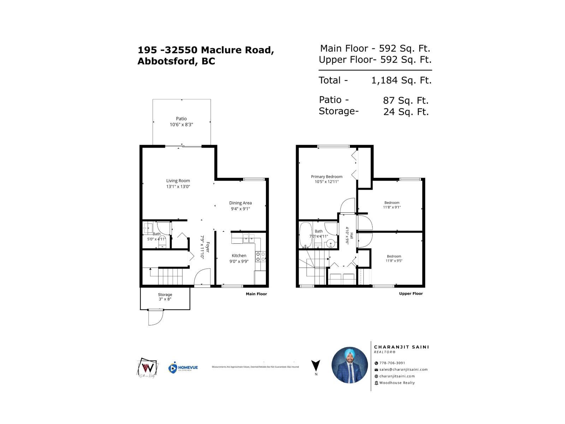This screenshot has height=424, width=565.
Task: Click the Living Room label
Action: (178, 181)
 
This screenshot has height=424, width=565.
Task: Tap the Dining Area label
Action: (240, 203)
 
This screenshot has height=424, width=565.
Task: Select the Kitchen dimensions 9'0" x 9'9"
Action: (239, 261)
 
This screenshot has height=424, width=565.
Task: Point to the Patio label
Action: (181, 119)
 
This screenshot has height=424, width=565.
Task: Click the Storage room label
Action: (165, 294)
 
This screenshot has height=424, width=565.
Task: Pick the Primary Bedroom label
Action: (326, 177)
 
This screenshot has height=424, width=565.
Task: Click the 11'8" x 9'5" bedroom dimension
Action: (394, 261)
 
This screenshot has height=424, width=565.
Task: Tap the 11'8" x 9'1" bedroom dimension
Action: (392, 207)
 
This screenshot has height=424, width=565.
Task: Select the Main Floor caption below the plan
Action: (256, 294)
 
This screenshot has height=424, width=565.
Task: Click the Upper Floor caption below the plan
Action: (411, 294)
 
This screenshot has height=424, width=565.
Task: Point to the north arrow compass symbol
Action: (316, 366)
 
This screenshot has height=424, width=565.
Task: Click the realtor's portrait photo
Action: (350, 365)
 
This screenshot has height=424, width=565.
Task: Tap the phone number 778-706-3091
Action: (392, 363)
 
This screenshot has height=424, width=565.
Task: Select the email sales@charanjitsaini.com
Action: (403, 370)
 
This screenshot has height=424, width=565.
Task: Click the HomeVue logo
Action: (183, 368)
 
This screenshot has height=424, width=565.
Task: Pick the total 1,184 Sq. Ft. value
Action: (401, 81)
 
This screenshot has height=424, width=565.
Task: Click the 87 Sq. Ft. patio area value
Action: (406, 101)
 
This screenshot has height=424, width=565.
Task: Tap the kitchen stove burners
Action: (260, 257)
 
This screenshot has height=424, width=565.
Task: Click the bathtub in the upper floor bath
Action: (305, 235)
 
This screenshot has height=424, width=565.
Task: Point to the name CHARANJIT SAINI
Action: (402, 347)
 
